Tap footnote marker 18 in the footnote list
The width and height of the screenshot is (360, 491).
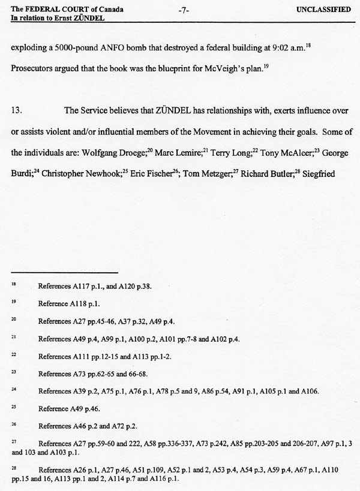pyautogui.click(x=14, y=285)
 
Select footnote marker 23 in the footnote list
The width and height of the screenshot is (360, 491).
pyautogui.click(x=14, y=373)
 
